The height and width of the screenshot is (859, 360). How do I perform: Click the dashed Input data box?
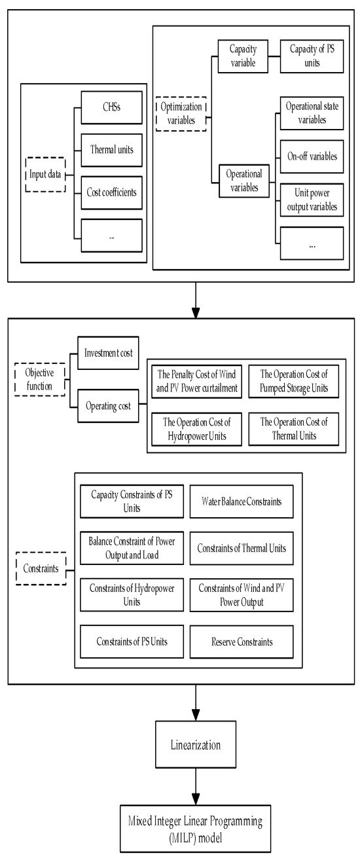click(46, 174)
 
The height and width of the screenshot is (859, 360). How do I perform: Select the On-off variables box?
click(311, 157)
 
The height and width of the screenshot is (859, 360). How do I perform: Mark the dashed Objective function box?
click(40, 381)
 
